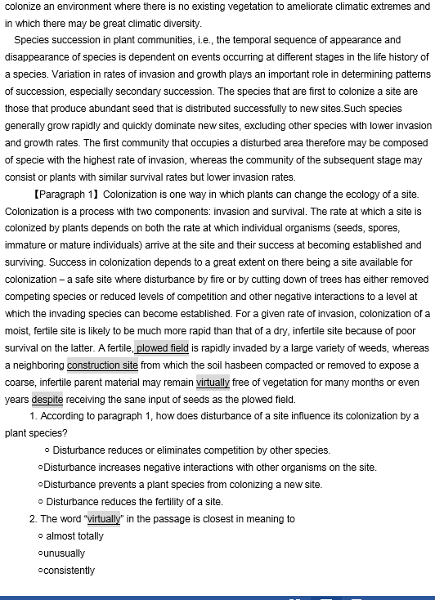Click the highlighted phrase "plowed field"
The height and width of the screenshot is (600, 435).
click(x=162, y=348)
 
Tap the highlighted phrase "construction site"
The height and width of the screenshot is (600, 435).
click(x=102, y=365)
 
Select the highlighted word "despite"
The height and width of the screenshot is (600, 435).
click(x=47, y=400)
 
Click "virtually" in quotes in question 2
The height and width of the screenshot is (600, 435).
click(x=104, y=519)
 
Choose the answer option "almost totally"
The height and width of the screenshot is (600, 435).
click(x=75, y=536)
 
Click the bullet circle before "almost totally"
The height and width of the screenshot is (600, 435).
click(x=41, y=536)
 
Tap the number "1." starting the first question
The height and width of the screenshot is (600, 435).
click(x=33, y=416)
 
